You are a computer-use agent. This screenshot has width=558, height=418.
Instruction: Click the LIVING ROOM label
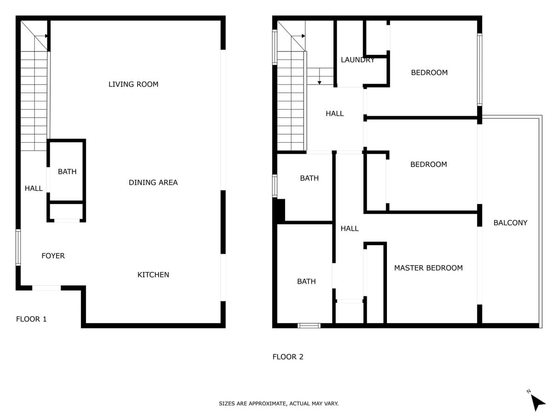(133, 84)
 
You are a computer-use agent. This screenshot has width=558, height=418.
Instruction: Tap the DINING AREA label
(153, 183)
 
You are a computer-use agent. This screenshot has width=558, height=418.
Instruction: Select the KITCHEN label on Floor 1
(153, 274)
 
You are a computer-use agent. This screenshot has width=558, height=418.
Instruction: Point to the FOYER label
(53, 255)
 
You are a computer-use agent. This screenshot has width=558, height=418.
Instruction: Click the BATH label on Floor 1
(67, 171)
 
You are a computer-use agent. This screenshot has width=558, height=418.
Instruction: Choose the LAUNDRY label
(358, 60)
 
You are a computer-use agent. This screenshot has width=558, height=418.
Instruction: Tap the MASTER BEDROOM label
(428, 268)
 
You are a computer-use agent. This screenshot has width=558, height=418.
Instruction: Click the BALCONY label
(510, 222)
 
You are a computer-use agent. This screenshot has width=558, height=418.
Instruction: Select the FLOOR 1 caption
(31, 319)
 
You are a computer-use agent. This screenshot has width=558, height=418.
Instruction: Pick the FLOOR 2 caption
(288, 357)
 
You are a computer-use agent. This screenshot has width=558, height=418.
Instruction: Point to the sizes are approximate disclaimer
(279, 404)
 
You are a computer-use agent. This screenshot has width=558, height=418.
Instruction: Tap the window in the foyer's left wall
(18, 248)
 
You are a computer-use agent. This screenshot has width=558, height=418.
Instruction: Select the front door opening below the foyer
(46, 288)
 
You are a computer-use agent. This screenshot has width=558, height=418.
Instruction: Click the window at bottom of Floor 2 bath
(309, 326)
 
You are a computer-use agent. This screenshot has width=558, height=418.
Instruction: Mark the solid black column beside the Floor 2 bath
(279, 211)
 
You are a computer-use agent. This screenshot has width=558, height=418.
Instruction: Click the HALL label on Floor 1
(33, 188)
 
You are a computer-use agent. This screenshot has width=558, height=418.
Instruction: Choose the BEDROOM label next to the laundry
(429, 72)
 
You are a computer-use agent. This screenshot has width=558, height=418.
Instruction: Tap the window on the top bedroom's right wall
(479, 70)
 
